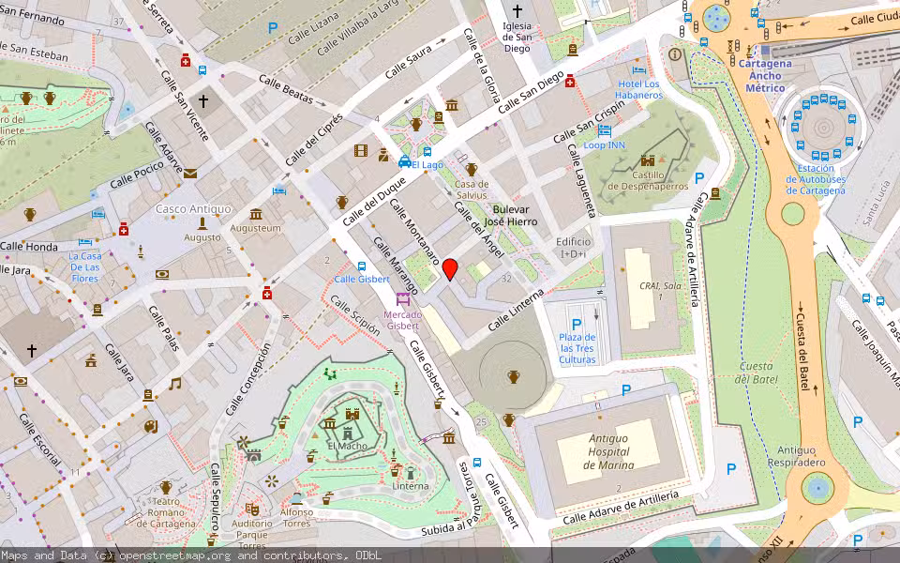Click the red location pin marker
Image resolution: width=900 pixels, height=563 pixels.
[450, 269]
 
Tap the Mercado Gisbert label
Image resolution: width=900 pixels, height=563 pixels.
[402, 320]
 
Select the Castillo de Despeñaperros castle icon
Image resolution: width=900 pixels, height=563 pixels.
[648, 160]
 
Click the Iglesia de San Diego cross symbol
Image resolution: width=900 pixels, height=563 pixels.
[517, 10]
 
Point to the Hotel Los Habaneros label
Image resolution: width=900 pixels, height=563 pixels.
[638, 90]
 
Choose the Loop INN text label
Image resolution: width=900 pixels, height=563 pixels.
[604, 145]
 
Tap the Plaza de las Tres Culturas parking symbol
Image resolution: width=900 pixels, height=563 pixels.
[577, 324]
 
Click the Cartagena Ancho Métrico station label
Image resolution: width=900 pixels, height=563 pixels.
[765, 76]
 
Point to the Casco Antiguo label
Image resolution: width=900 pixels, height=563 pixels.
[193, 208]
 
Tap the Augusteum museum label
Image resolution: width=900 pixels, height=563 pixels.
[256, 228]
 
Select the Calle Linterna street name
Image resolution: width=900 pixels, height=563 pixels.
[515, 311]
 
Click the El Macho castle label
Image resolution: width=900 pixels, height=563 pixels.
[347, 447]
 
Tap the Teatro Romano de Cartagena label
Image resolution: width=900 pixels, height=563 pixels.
[165, 511]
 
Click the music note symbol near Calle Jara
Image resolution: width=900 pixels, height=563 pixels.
[174, 383]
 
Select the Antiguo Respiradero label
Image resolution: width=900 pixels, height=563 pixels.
[802, 456]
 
